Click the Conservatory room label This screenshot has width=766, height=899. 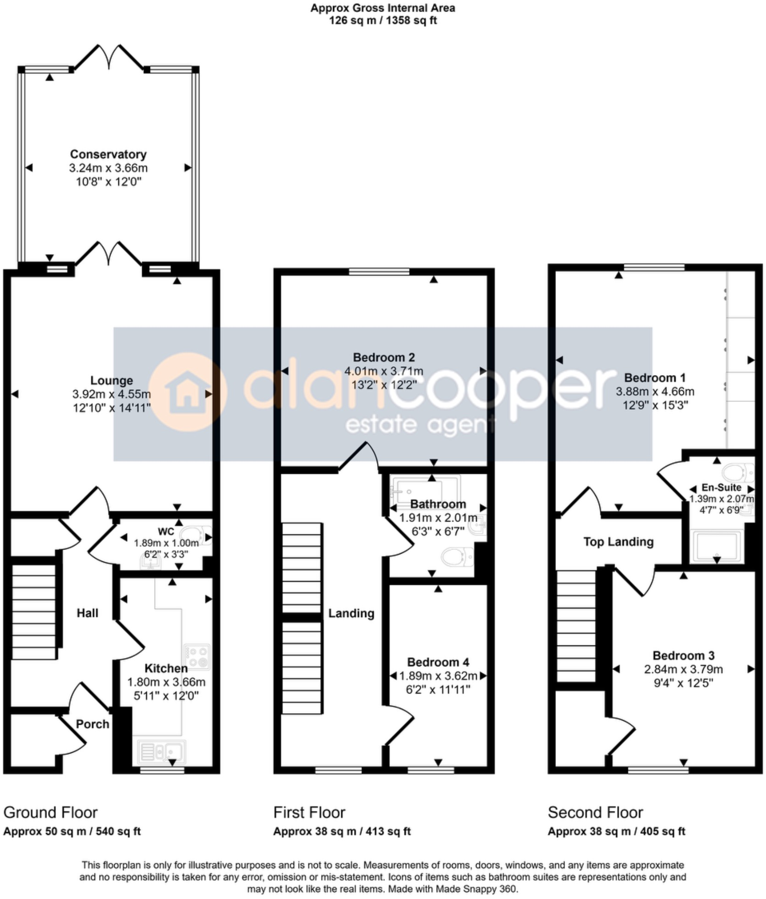[108, 154]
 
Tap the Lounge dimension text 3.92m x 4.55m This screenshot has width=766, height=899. [111, 394]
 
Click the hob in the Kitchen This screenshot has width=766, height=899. [197, 657]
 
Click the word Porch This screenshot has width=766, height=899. [92, 724]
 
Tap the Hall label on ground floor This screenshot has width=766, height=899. [87, 613]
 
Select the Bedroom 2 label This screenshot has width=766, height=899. [384, 357]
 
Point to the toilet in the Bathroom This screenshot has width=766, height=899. [456, 557]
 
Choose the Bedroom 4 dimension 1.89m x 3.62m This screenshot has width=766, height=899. [438, 676]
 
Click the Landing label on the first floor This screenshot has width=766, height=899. [351, 613]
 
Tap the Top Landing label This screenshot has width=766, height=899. [618, 542]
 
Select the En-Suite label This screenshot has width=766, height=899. [721, 488]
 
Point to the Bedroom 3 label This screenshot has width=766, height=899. [683, 655]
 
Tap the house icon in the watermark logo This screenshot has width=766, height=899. [187, 393]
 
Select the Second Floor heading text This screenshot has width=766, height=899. [595, 813]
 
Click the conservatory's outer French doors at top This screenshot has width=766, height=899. [109, 57]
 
